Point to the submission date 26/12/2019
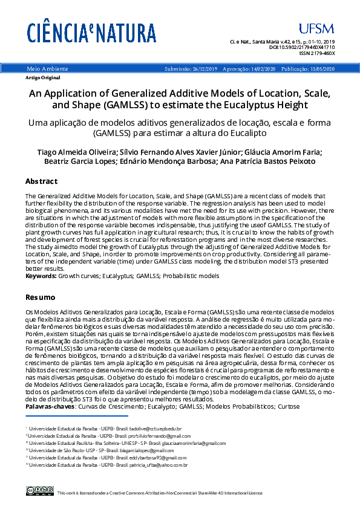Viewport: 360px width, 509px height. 205,70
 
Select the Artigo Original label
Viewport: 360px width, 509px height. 42,78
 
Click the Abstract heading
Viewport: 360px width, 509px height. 41,181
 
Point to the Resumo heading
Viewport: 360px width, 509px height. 40,297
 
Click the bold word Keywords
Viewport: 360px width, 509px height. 41,276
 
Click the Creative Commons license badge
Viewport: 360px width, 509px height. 40,492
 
